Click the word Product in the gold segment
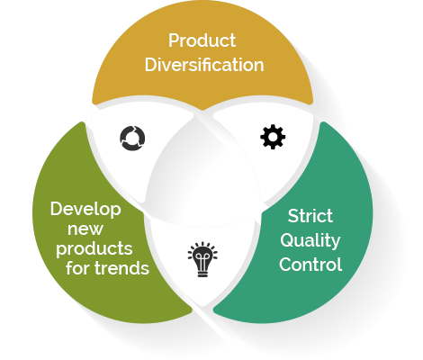click(x=202, y=40)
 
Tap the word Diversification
click(x=204, y=65)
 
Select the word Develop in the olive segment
click(x=85, y=210)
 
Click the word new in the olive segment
click(x=85, y=229)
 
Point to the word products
click(x=94, y=249)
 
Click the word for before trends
click(x=78, y=267)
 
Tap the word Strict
click(x=310, y=216)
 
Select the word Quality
click(x=310, y=241)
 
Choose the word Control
click(x=310, y=265)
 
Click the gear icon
click(x=273, y=137)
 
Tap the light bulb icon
click(x=202, y=259)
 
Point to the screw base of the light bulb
click(x=202, y=274)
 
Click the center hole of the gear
click(x=273, y=137)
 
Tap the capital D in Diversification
click(x=151, y=65)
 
